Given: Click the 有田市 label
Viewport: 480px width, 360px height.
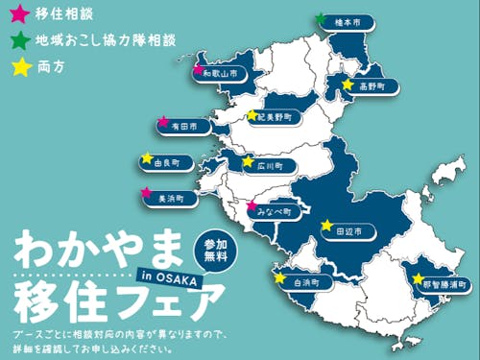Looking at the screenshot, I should pos(182,126).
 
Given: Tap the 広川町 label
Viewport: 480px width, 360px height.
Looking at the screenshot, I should pos(266,165).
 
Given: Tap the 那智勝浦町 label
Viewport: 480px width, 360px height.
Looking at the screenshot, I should pos(441,284).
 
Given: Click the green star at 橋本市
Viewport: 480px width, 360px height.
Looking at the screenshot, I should pos(320,18).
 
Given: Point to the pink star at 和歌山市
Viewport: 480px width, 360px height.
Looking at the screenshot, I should pos(198,69).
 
